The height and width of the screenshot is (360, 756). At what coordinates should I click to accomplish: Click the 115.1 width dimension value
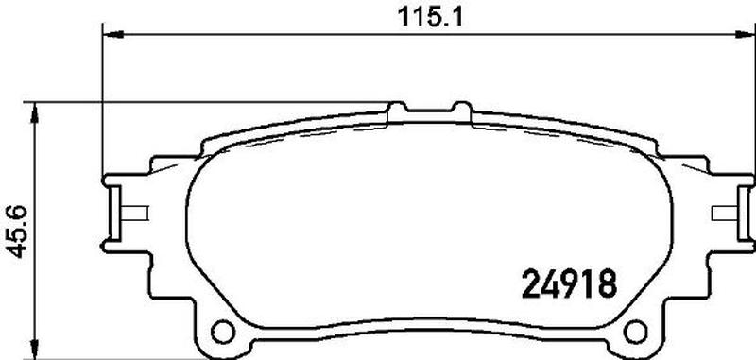tap(430, 17)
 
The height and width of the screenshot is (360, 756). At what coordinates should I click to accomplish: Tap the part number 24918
tap(570, 283)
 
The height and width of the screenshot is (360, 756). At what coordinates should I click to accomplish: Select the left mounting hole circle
tap(222, 331)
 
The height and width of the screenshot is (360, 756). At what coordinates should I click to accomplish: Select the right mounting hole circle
tap(635, 331)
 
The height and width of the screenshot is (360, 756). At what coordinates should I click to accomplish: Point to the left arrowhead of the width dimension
tap(113, 34)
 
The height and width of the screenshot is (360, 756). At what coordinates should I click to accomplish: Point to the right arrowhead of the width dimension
tap(745, 34)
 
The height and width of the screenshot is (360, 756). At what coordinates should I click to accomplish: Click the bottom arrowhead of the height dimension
tap(34, 348)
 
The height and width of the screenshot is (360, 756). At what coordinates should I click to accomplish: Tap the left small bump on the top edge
tap(397, 107)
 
